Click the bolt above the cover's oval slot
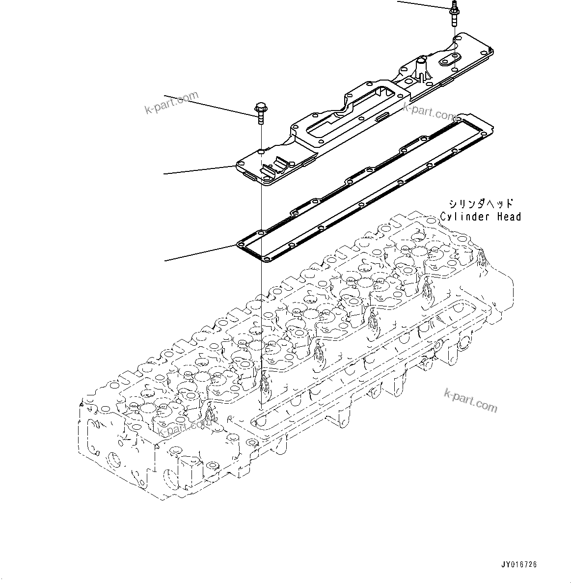tap(453, 13)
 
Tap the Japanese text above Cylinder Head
tap(480, 203)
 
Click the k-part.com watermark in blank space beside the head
tap(470, 399)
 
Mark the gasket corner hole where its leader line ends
tap(241, 243)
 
